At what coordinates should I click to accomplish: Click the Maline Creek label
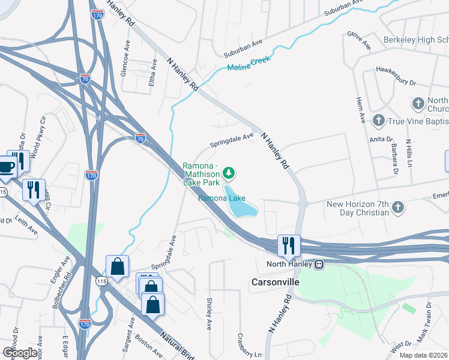[249, 63]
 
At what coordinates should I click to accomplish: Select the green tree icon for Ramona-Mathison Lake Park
[228, 173]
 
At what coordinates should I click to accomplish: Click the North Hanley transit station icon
[319, 265]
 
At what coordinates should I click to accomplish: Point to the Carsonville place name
[275, 281]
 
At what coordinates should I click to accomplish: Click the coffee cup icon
[6, 168]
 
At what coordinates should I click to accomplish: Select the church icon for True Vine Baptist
[378, 120]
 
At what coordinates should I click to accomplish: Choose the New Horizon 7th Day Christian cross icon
[397, 208]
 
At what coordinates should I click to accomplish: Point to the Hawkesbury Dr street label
[396, 75]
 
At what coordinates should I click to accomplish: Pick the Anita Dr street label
[381, 140]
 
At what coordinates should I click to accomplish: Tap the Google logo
[19, 352]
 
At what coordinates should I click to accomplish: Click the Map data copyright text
[424, 355]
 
